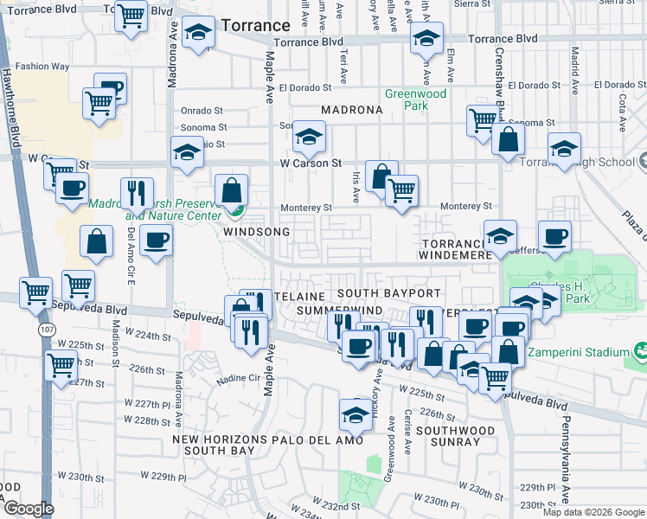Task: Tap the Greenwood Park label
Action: click(x=406, y=99)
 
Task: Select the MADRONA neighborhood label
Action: click(x=351, y=111)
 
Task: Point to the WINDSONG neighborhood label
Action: click(x=251, y=233)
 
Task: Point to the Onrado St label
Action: click(x=202, y=111)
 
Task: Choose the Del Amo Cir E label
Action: click(x=131, y=250)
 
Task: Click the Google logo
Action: click(x=27, y=509)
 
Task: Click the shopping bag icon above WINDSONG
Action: click(x=232, y=189)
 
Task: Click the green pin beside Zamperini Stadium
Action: click(x=640, y=352)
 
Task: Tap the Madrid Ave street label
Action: click(x=573, y=63)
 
